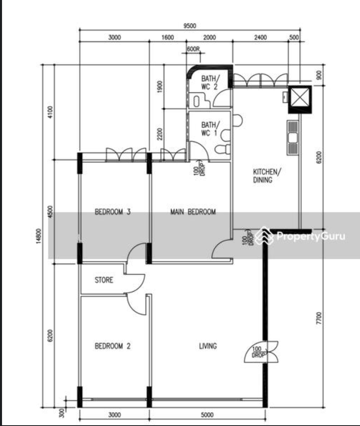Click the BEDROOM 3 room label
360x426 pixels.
[112, 212]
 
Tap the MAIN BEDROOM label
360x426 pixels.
[193, 212]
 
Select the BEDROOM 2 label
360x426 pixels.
[112, 346]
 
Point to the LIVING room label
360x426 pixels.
[208, 346]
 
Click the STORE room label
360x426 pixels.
[104, 280]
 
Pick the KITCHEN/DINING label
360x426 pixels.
[267, 176]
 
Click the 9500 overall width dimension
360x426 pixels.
[190, 26]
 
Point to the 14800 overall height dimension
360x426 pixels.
[39, 236]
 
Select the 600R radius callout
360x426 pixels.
[193, 49]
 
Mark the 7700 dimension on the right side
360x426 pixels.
[319, 318]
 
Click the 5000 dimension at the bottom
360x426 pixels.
[207, 415]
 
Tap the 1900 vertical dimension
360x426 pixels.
[160, 87]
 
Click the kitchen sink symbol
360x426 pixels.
[293, 138]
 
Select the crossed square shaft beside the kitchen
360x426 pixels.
[300, 99]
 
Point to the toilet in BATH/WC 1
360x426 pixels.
[222, 149]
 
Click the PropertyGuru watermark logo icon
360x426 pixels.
[264, 235]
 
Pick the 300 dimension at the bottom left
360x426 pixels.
[62, 413]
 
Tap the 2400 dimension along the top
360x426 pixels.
[260, 37]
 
